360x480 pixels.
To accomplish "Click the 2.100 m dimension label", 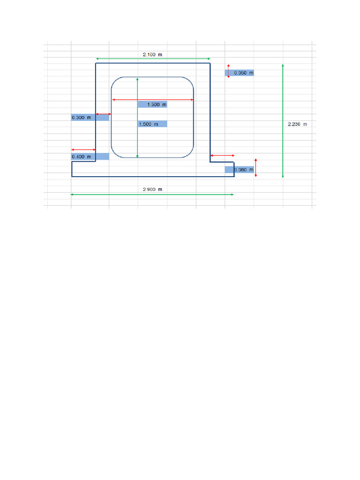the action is [x=153, y=55].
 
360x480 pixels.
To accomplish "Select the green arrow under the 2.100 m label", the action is [x=153, y=59].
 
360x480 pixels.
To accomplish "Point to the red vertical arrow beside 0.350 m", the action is [x=228, y=71].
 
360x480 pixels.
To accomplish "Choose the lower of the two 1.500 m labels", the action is [x=153, y=124].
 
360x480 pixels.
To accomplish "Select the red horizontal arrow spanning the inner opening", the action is [x=153, y=100].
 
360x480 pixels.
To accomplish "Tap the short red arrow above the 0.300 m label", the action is [x=103, y=114].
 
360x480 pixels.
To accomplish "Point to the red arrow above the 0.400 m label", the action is [x=83, y=150].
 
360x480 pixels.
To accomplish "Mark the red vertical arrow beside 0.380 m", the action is [x=255, y=167].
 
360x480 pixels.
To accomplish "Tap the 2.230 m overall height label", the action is [x=297, y=124].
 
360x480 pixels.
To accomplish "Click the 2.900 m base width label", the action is [x=153, y=189].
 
